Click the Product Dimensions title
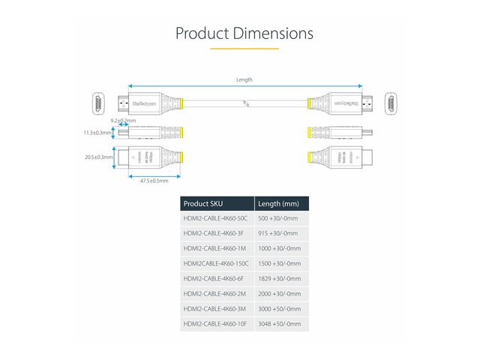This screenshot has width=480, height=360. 244,34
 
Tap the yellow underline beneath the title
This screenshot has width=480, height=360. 244,49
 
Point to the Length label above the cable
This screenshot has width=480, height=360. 244,79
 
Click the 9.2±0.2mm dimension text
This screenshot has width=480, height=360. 123,121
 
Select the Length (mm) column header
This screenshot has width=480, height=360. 278,203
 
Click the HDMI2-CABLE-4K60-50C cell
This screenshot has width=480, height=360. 215,218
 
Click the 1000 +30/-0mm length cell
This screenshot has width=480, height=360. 279,248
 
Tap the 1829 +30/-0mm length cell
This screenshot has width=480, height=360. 279,278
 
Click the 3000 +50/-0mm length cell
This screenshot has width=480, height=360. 279,308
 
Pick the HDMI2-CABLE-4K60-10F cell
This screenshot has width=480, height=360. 215,324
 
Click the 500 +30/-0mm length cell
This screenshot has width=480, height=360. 277,218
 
